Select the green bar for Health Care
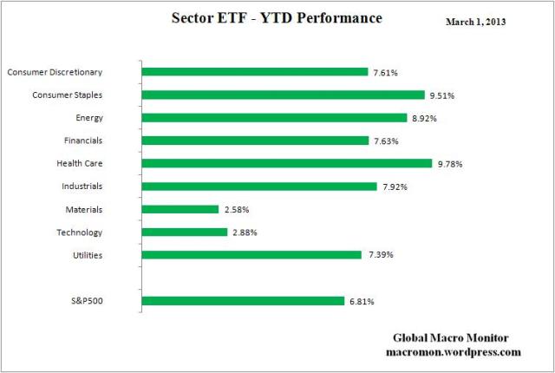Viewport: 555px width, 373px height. tap(286, 163)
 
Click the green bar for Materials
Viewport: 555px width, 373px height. tap(180, 209)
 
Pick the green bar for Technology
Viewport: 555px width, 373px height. tap(184, 232)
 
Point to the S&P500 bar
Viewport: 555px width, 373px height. tap(243, 301)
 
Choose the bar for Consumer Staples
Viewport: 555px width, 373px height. tap(283, 95)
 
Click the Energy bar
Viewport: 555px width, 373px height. tap(274, 117)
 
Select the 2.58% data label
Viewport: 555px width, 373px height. tap(235, 210)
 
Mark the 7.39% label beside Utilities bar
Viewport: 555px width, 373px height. tap(378, 255)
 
